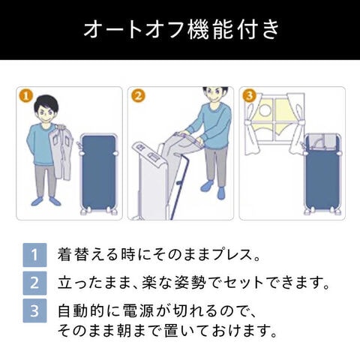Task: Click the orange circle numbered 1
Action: (x=25, y=96)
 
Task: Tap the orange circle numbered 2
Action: (x=138, y=96)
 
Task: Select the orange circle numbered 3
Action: (x=250, y=96)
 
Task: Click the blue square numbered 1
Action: (x=34, y=255)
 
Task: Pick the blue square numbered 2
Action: (x=34, y=283)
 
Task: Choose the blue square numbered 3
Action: (x=34, y=310)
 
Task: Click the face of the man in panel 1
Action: (x=46, y=113)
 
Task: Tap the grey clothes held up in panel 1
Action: (x=61, y=152)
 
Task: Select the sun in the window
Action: (x=264, y=110)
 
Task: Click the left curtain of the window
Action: (x=250, y=126)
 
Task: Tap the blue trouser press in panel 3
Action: (x=322, y=174)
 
